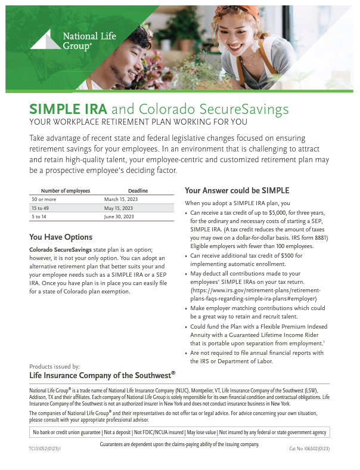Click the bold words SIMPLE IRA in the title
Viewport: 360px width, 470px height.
[68, 109]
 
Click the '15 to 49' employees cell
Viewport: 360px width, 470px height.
[40, 208]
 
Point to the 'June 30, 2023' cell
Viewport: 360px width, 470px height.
[119, 217]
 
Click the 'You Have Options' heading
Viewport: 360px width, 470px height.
[61, 237]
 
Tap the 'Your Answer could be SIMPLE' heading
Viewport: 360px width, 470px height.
[237, 191]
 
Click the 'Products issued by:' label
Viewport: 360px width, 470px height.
[54, 366]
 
